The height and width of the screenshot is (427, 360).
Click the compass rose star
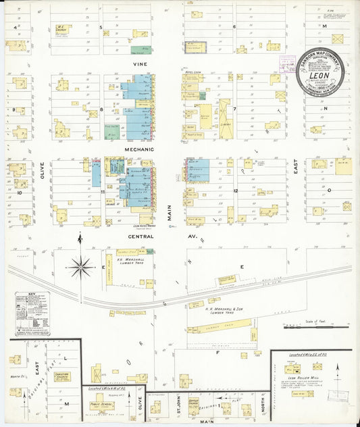click(x=80, y=268)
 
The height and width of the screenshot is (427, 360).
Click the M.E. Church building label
click(x=60, y=28)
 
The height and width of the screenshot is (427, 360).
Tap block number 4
click(x=15, y=27)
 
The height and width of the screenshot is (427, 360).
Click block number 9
click(x=13, y=109)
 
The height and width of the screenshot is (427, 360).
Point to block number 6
click(x=234, y=27)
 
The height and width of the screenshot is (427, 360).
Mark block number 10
click(x=20, y=193)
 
